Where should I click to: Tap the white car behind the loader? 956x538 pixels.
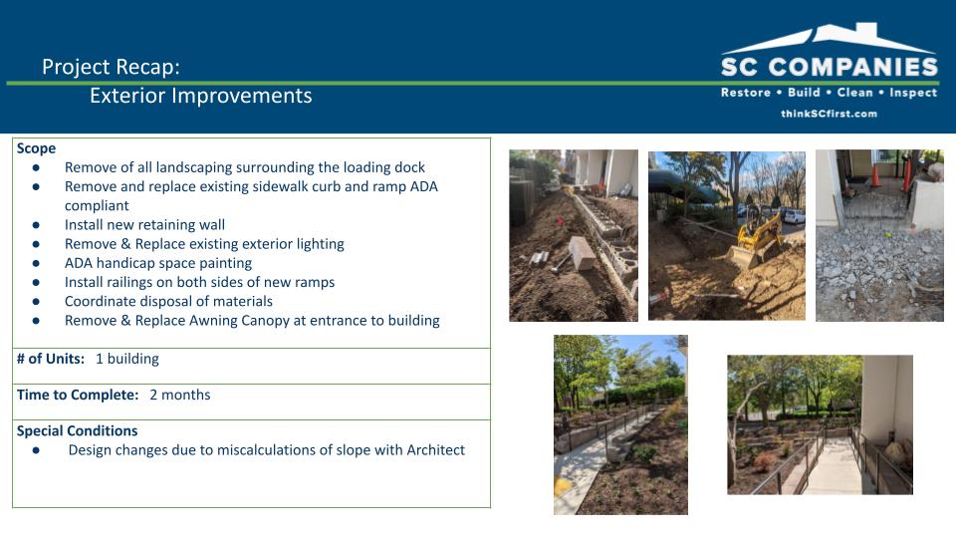[794, 215]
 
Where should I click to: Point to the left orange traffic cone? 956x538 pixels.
[875, 175]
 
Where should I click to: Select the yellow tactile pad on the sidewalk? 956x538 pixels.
[562, 486]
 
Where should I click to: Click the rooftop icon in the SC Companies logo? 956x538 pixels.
[828, 39]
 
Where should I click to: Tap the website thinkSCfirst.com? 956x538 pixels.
[829, 114]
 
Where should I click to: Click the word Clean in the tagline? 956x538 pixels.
[854, 92]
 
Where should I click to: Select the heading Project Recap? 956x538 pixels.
[111, 67]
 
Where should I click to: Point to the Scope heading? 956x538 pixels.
[36, 148]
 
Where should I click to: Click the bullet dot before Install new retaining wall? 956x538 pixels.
[36, 225]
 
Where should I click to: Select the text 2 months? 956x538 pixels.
[180, 395]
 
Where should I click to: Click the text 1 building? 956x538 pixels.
[126, 359]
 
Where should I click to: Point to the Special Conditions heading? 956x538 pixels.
[77, 430]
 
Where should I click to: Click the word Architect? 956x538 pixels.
[435, 450]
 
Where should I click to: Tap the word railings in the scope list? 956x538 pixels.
[137, 282]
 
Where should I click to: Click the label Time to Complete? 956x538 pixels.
[78, 395]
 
